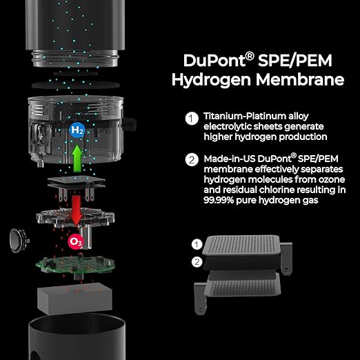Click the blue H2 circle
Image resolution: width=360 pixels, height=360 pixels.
[x=77, y=130]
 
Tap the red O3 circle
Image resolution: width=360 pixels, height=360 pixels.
[x=75, y=241]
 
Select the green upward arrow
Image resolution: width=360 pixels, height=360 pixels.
[x=77, y=159]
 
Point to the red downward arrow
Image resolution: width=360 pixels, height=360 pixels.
[x=75, y=207]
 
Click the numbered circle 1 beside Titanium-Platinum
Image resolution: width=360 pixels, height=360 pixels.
[x=192, y=118]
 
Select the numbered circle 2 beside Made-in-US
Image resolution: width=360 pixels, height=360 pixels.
[x=192, y=159]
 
